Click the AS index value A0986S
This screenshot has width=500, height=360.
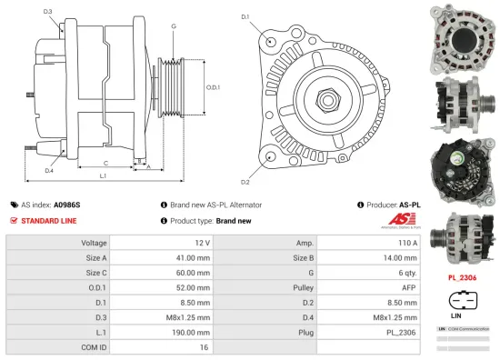click(66, 205)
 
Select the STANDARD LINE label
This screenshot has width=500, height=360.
click(48, 221)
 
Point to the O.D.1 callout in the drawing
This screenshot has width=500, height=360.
click(212, 87)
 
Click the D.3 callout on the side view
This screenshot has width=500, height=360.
click(48, 11)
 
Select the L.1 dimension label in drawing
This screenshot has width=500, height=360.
click(104, 175)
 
